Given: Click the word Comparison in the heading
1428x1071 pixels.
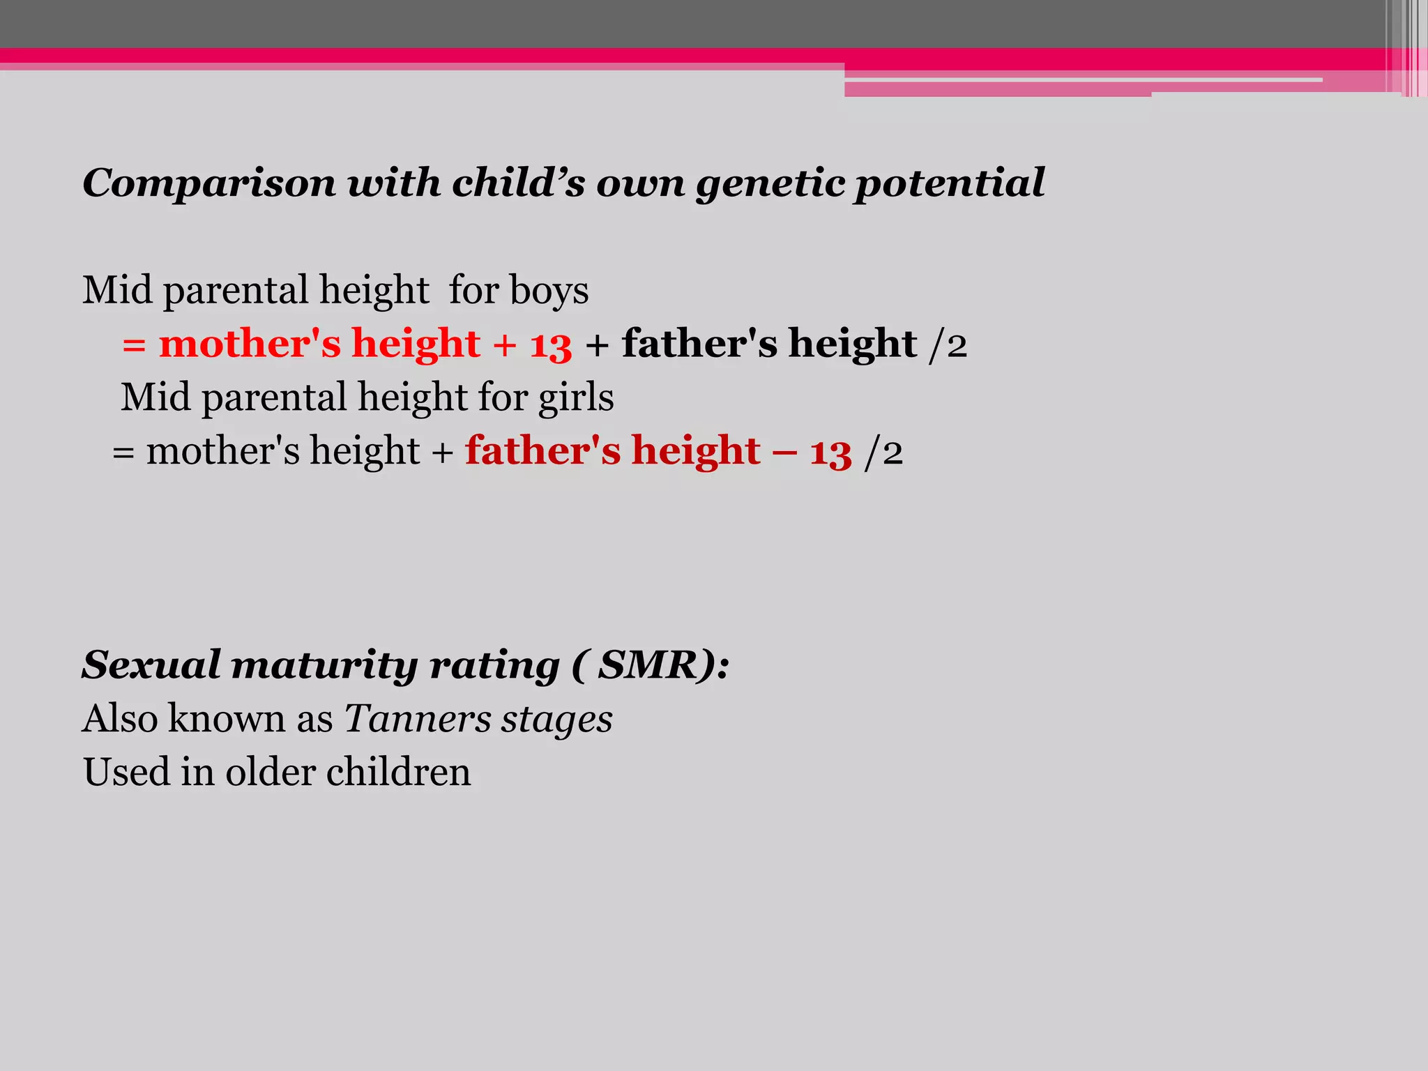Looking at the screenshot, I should [x=209, y=184].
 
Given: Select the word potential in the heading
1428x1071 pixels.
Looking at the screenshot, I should [x=950, y=184].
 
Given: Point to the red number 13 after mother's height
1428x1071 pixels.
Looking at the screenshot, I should [x=551, y=344].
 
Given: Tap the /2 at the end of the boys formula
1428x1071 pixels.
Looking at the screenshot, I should [x=948, y=344].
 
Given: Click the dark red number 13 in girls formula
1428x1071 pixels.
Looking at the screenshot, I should [x=830, y=452].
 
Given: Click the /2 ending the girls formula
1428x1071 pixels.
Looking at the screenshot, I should [x=883, y=452].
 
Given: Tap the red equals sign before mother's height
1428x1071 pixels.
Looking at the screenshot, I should [x=134, y=344].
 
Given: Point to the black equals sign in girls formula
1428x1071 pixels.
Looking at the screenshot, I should [x=123, y=452].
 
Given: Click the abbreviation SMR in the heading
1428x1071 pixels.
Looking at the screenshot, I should [x=647, y=665].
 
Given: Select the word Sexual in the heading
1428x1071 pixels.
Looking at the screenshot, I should [x=151, y=665].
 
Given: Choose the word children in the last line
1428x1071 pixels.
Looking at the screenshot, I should [x=398, y=772].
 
